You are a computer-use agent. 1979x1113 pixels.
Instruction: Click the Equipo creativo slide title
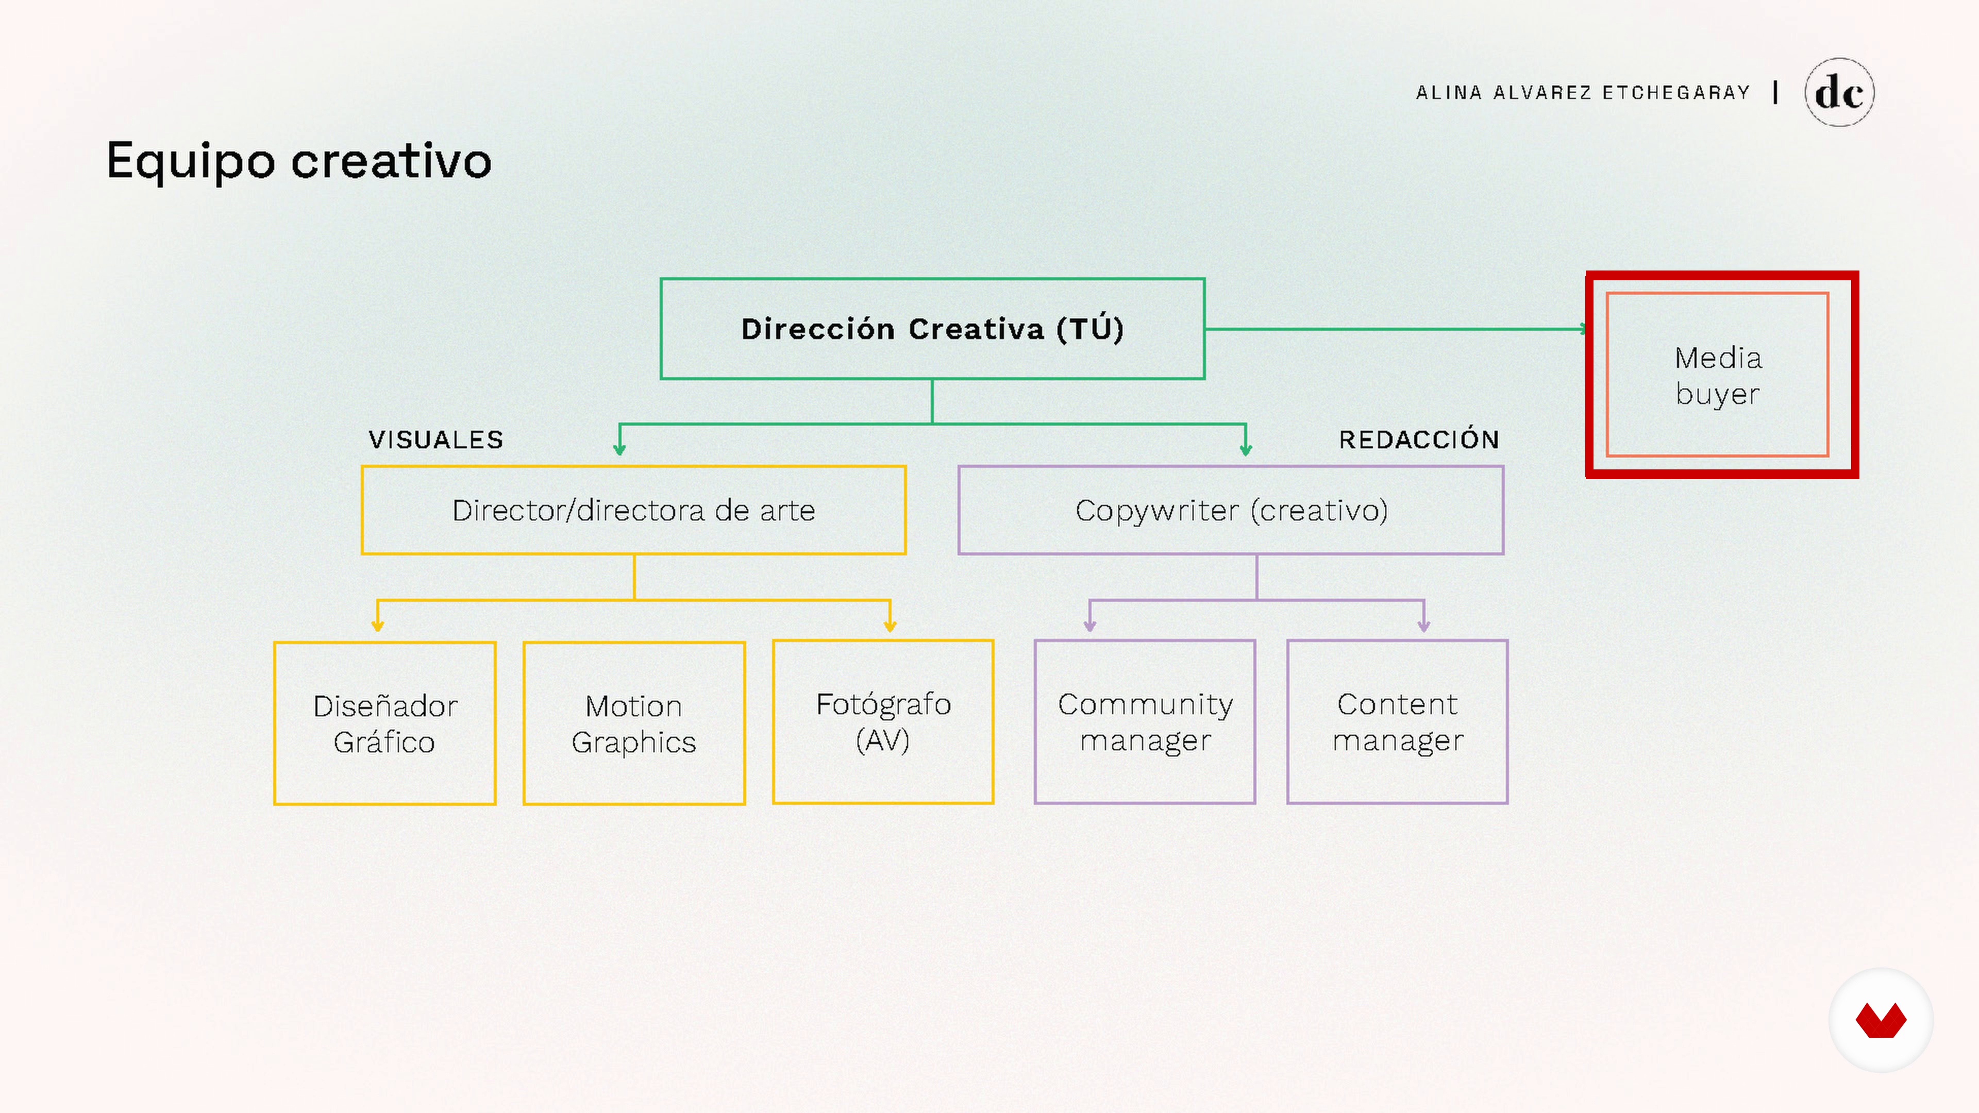[x=299, y=161]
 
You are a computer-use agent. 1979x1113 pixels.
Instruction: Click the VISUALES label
[x=435, y=440]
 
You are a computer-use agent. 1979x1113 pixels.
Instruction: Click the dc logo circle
[x=1839, y=92]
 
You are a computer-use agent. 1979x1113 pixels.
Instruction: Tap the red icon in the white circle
[x=1881, y=1020]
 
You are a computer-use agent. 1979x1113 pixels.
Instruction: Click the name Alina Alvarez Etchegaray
[x=1583, y=93]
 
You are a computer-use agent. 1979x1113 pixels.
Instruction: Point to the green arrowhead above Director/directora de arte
[x=619, y=449]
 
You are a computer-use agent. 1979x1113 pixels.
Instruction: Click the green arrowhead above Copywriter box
[x=1245, y=449]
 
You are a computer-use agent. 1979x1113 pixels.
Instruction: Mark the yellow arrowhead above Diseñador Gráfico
[x=377, y=625]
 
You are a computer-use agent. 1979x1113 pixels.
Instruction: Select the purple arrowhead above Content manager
[x=1423, y=625]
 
